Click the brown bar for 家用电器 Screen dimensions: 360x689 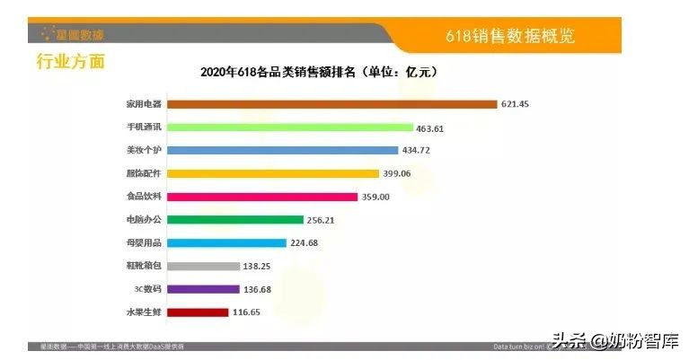[x=332, y=104]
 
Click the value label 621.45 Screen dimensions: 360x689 [x=515, y=104]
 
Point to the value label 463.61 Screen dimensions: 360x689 [x=430, y=128]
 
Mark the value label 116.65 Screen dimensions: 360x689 [x=245, y=312]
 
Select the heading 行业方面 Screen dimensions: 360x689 [x=70, y=61]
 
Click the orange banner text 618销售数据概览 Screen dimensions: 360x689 [x=510, y=37]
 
